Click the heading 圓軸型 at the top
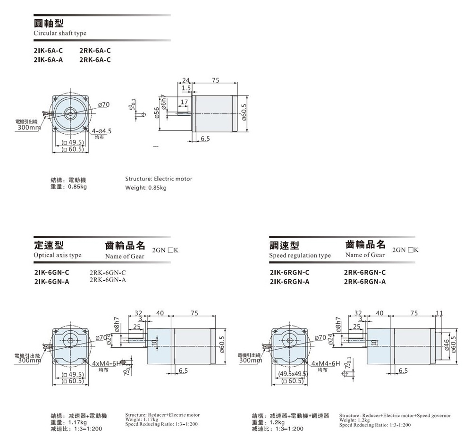click(x=49, y=23)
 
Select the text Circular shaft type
click(x=60, y=34)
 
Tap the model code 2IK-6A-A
click(x=49, y=60)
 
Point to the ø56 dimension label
click(x=155, y=114)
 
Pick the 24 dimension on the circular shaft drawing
click(x=185, y=80)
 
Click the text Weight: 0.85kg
click(x=146, y=188)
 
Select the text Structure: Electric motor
click(x=159, y=179)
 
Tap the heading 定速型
click(x=49, y=245)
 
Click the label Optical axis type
click(x=58, y=255)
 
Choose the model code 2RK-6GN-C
click(x=108, y=273)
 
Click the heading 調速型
click(x=284, y=245)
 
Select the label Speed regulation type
click(x=300, y=256)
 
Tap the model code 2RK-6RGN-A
click(x=365, y=282)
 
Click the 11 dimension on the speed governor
click(x=440, y=313)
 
